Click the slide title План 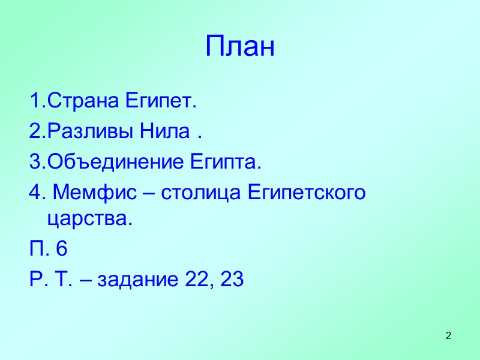coord(240,47)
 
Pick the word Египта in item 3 coord(226,162)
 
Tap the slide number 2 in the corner coord(448,334)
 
